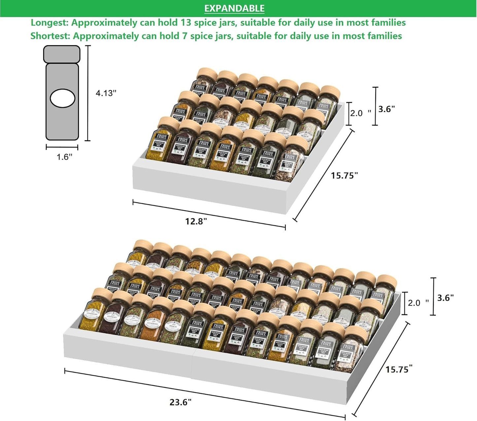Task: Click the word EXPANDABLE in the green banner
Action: (234, 8)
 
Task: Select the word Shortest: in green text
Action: (51, 36)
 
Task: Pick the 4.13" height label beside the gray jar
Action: (106, 93)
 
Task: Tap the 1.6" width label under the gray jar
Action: (64, 157)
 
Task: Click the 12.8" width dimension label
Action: (196, 221)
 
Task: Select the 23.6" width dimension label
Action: (181, 402)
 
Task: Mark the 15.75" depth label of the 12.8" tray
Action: (344, 175)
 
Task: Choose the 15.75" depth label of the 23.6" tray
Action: (399, 369)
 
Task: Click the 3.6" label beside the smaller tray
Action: (387, 109)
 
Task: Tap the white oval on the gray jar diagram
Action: (62, 98)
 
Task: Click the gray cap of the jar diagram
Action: (62, 54)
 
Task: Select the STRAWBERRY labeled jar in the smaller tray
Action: (222, 117)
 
